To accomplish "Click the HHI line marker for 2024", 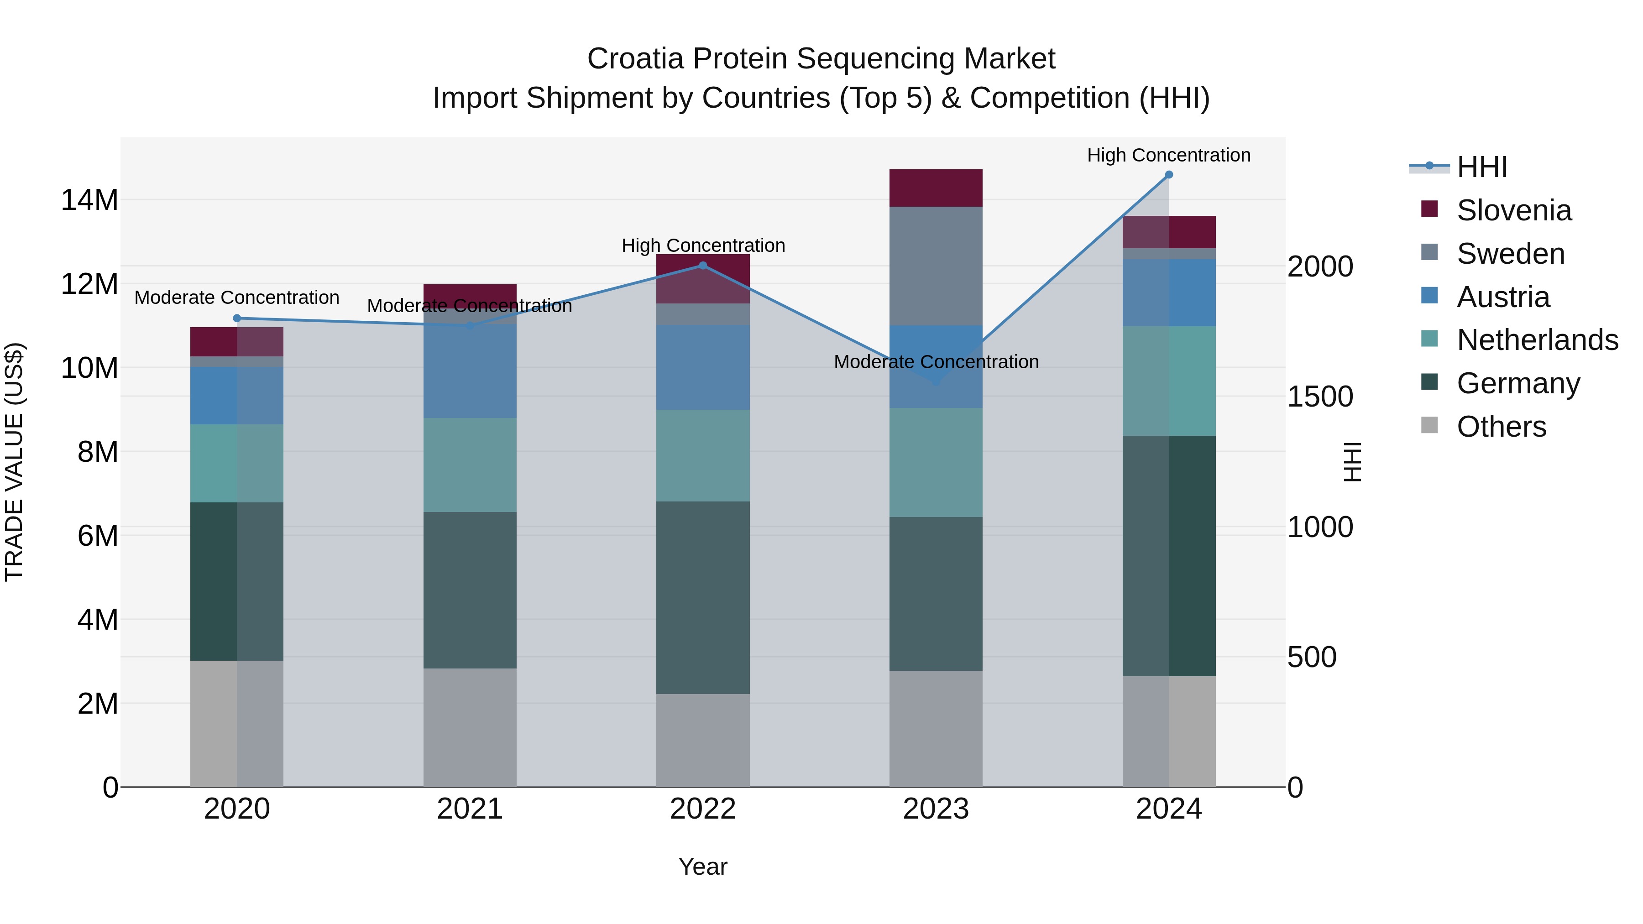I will [1168, 175].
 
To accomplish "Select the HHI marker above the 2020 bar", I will [236, 318].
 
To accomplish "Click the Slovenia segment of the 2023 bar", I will [936, 188].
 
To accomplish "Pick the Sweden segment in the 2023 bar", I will [936, 266].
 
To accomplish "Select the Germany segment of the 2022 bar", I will [703, 597].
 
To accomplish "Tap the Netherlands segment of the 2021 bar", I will [470, 465].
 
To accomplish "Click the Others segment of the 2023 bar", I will [936, 728].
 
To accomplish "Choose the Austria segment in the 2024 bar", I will [1168, 292].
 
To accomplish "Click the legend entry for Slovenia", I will [1513, 210].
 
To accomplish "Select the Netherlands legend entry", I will [1537, 340].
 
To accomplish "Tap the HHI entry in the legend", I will [1481, 167].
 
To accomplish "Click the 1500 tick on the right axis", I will [1319, 397].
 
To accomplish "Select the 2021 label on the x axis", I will [470, 809].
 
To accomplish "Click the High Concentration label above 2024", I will [1168, 155].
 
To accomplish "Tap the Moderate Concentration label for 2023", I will [936, 361].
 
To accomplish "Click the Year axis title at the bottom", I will [703, 867].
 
